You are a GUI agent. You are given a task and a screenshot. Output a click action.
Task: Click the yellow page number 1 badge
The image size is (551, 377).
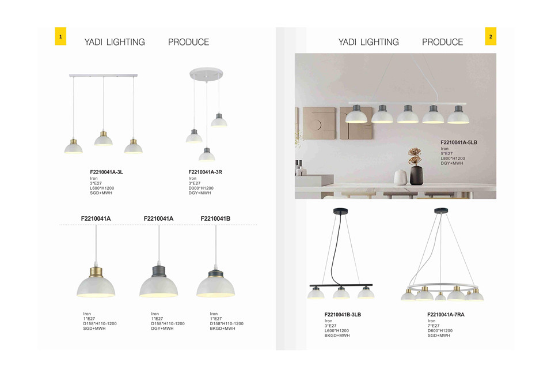point(60,36)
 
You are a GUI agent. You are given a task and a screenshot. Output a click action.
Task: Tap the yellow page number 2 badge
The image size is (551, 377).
point(491,36)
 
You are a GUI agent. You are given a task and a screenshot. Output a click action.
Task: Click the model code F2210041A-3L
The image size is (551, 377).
point(107,172)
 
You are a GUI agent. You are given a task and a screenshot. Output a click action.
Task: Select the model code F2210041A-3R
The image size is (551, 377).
point(205,172)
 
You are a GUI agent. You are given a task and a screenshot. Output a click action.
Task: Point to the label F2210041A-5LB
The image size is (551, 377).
point(459,142)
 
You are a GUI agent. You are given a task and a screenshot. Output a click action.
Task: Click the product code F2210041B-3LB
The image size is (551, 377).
point(343,314)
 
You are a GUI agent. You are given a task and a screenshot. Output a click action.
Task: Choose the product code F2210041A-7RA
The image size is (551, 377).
point(446,314)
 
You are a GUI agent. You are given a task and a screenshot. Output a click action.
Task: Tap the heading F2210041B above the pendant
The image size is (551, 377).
point(215,218)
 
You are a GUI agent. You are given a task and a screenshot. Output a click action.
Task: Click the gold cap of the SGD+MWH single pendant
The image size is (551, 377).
point(96,272)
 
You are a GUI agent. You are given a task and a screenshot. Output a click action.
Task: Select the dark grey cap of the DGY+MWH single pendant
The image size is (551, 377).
point(159,271)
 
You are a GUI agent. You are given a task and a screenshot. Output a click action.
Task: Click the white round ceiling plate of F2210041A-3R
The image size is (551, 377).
point(206,74)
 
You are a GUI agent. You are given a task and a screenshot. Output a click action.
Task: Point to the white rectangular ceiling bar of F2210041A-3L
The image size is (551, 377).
point(103,76)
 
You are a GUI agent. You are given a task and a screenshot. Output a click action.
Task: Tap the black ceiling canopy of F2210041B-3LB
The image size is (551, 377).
point(340,211)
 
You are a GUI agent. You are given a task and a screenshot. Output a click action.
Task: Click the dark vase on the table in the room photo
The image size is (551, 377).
point(417,175)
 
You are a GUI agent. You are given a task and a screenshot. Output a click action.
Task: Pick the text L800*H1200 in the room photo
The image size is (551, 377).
point(453,159)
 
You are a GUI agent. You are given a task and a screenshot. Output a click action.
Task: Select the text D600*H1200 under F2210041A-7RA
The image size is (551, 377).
point(440,330)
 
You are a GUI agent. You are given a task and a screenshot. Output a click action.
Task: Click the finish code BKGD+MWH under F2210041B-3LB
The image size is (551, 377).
point(337,335)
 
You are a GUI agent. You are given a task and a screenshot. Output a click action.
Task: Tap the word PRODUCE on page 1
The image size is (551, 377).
point(188,42)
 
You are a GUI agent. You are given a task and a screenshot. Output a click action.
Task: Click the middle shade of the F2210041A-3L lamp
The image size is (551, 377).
point(103,140)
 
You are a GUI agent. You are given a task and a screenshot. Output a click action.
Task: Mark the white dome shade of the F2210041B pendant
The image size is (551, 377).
point(216,286)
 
